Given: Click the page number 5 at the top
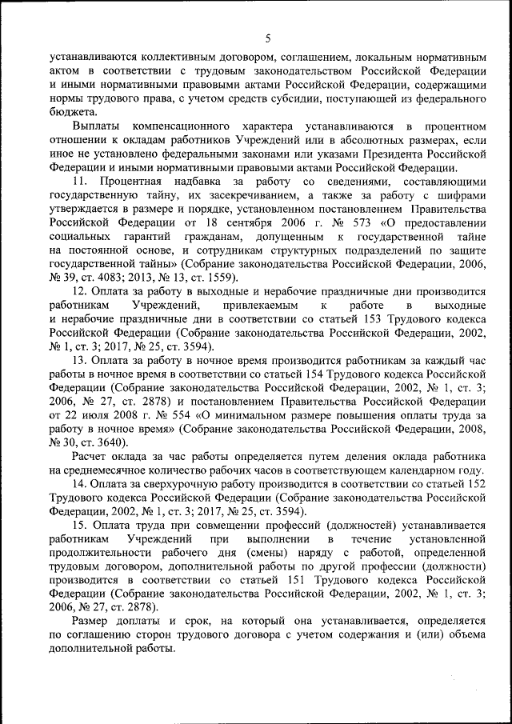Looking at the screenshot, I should click(x=268, y=38).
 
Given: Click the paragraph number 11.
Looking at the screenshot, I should click(x=80, y=182).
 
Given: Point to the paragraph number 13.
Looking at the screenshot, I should click(x=80, y=362).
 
